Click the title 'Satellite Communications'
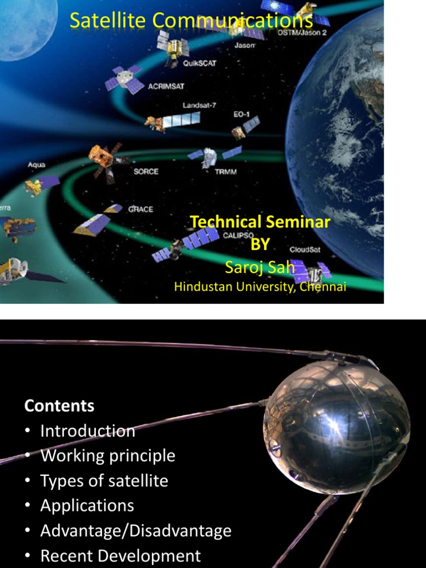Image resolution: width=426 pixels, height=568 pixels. coord(191,21)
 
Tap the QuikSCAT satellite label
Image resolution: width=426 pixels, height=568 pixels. coord(200,63)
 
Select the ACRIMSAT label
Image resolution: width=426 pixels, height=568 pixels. coord(166,87)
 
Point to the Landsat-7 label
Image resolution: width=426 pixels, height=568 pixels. coord(200,105)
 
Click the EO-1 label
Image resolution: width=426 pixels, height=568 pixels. coord(241,114)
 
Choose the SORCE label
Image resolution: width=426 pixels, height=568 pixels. coord(146,171)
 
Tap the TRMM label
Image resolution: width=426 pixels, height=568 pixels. coord(226,171)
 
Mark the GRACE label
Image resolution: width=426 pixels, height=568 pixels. coord(140,209)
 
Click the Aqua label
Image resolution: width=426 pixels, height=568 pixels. coord(37,165)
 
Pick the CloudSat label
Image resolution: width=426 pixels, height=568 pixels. coord(305,250)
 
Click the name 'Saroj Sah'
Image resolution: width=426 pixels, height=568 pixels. coord(260,267)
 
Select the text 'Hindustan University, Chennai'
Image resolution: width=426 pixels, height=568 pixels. coord(260,287)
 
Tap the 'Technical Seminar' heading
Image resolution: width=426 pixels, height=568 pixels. coord(260,222)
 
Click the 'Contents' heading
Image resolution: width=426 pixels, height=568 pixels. coord(59,405)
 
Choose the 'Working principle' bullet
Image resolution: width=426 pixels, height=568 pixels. coord(108,456)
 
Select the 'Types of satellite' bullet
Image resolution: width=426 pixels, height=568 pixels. coord(104,481)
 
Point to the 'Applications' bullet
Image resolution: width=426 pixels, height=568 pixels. coord(87,506)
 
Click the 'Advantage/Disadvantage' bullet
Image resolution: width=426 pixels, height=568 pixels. coord(136,531)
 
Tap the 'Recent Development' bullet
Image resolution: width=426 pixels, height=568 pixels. coord(120,556)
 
